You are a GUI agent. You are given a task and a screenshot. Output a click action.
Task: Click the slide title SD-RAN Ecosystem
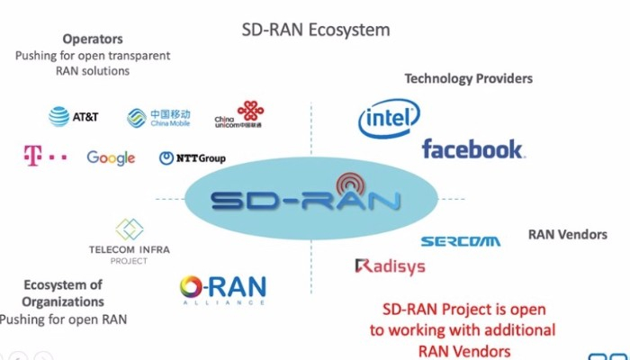pyautogui.click(x=315, y=30)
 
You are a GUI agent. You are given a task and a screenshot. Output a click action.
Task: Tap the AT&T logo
pyautogui.click(x=74, y=116)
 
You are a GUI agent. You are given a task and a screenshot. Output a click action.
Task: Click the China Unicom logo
pyautogui.click(x=239, y=114)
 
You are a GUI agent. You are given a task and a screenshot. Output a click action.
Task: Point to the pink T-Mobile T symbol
pyautogui.click(x=32, y=156)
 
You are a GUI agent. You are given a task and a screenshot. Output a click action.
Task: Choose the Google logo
pyautogui.click(x=111, y=158)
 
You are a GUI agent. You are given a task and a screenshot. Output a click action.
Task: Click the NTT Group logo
pyautogui.click(x=193, y=158)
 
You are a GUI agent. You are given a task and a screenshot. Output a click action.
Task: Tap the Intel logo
pyautogui.click(x=389, y=120)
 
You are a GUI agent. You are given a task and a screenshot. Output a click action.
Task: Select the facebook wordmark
pyautogui.click(x=472, y=148)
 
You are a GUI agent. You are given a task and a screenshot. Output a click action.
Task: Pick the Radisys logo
pyautogui.click(x=390, y=266)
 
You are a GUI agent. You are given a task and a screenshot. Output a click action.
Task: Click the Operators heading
pyautogui.click(x=93, y=40)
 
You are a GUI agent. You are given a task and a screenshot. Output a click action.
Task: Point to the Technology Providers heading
pyautogui.click(x=468, y=78)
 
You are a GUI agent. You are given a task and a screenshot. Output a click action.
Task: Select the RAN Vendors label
pyautogui.click(x=567, y=234)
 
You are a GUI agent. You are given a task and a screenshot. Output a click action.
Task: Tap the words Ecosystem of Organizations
pyautogui.click(x=63, y=293)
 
